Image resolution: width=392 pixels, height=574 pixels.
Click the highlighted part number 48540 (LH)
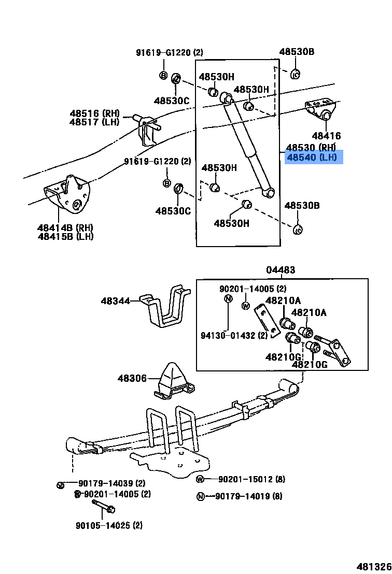click(x=313, y=157)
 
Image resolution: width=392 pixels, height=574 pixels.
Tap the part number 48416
click(x=326, y=136)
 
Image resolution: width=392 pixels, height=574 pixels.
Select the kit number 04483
click(x=281, y=270)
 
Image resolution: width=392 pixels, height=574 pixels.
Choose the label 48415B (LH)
click(x=65, y=236)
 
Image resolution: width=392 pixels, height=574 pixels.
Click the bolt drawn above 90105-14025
click(x=103, y=506)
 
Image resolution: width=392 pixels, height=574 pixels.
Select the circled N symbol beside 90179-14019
click(x=201, y=496)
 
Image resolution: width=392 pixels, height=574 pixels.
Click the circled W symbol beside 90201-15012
click(x=201, y=479)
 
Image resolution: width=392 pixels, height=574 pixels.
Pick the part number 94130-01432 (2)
click(x=234, y=335)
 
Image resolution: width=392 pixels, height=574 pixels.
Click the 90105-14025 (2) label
click(x=108, y=525)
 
